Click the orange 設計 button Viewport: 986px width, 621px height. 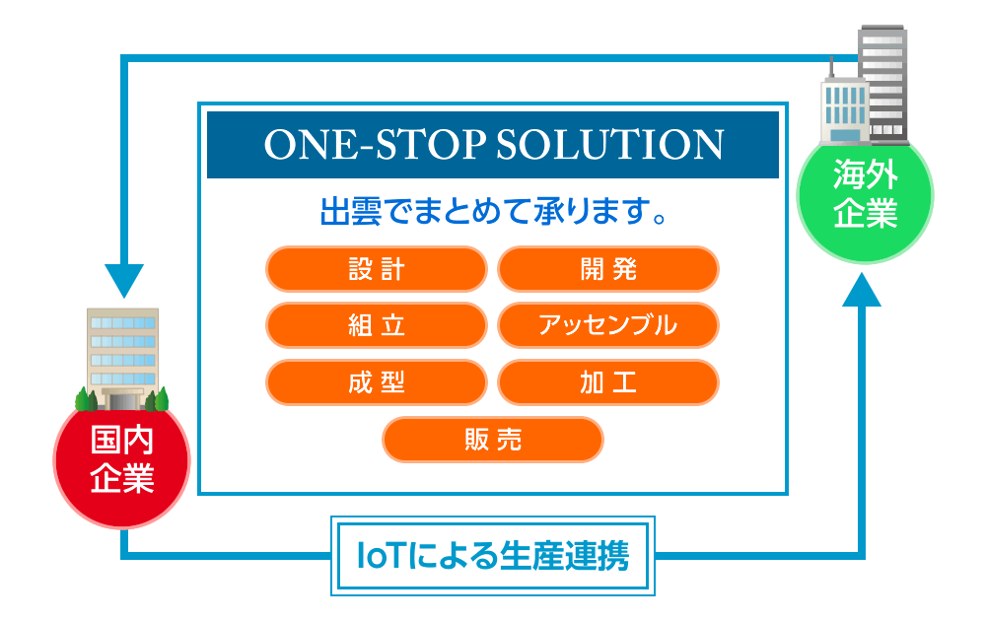(x=376, y=269)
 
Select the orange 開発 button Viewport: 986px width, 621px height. (x=608, y=269)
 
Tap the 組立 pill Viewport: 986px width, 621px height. (x=376, y=325)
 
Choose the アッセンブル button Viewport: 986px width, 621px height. (x=608, y=325)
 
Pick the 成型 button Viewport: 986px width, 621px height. (x=376, y=382)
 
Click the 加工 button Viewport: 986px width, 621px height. (x=608, y=382)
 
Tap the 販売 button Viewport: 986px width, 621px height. (x=492, y=440)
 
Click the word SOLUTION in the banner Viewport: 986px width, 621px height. (x=610, y=145)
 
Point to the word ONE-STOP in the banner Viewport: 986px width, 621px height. (x=375, y=145)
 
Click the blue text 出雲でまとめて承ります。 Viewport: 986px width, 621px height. (x=493, y=211)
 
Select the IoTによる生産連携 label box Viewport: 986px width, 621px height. (x=493, y=556)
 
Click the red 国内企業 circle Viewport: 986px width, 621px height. (x=121, y=460)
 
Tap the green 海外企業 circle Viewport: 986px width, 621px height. (x=866, y=195)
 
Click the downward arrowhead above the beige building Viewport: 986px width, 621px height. (x=124, y=280)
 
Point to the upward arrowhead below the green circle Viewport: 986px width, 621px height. (x=862, y=290)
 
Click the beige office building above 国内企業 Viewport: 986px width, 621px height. (x=122, y=358)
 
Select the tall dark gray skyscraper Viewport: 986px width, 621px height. (x=883, y=84)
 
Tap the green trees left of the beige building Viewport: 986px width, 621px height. (x=86, y=399)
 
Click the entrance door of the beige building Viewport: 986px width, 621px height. (x=122, y=400)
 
